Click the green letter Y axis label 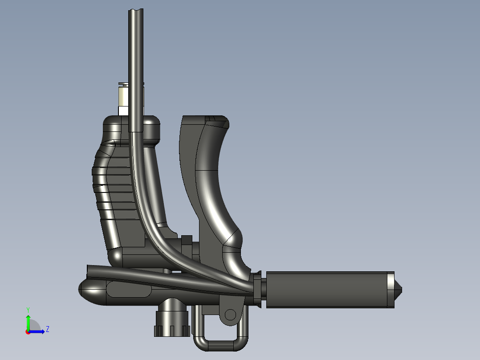(x=28, y=310)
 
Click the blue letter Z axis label (x=48, y=329)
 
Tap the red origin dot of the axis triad (x=28, y=332)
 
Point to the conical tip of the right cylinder (x=398, y=290)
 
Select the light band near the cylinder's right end (x=391, y=290)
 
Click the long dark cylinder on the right (x=330, y=290)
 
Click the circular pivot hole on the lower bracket (x=230, y=315)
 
